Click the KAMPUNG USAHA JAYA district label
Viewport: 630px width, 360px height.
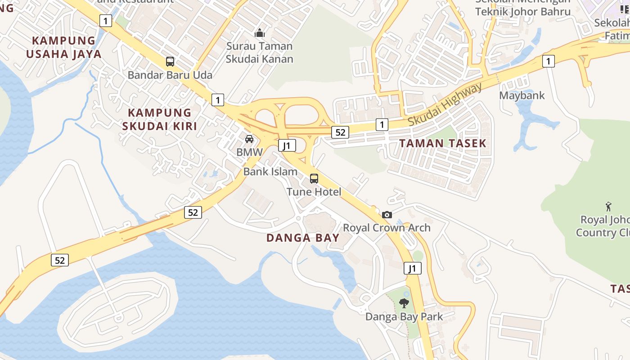pyautogui.click(x=63, y=47)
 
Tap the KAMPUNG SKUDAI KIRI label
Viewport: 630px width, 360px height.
pyautogui.click(x=159, y=119)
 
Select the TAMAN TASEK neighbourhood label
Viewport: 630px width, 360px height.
pyautogui.click(x=443, y=144)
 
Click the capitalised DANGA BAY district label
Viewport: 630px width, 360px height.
pyautogui.click(x=303, y=238)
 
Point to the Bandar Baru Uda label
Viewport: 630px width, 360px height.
pyautogui.click(x=170, y=75)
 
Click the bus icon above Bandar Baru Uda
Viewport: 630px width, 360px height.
pyautogui.click(x=170, y=62)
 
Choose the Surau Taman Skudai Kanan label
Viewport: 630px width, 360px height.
pyautogui.click(x=260, y=53)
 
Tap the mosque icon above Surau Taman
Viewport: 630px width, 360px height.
pyautogui.click(x=260, y=33)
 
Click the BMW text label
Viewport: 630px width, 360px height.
pyautogui.click(x=249, y=152)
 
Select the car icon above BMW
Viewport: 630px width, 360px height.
pyautogui.click(x=249, y=139)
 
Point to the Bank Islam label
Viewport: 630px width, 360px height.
pyautogui.click(x=270, y=171)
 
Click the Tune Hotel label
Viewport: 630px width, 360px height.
pyautogui.click(x=314, y=192)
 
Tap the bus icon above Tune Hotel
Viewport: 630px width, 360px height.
pyautogui.click(x=314, y=179)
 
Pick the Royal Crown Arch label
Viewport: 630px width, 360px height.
pyautogui.click(x=387, y=228)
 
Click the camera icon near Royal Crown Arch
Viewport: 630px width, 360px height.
pyautogui.click(x=387, y=215)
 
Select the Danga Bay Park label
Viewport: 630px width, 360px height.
pyautogui.click(x=404, y=316)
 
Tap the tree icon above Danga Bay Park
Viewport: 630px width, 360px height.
pyautogui.click(x=404, y=303)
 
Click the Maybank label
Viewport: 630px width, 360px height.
pyautogui.click(x=522, y=95)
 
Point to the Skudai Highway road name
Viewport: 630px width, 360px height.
pyautogui.click(x=445, y=104)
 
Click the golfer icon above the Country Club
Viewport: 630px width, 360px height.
pyautogui.click(x=609, y=207)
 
